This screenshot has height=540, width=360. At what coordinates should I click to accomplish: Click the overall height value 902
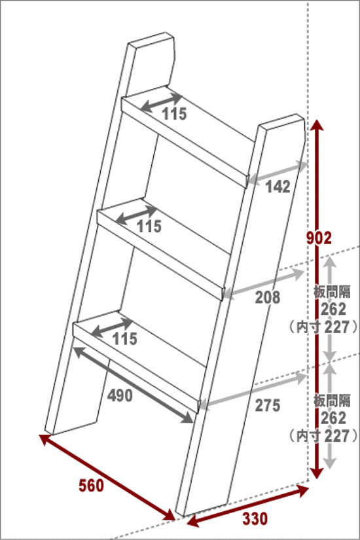pyautogui.click(x=319, y=238)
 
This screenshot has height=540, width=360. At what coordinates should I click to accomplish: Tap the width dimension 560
pyautogui.click(x=91, y=486)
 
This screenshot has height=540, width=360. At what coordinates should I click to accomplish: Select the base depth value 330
pyautogui.click(x=255, y=518)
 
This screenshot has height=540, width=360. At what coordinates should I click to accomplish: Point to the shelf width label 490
pyautogui.click(x=120, y=395)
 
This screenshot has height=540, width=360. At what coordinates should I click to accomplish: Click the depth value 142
pyautogui.click(x=278, y=187)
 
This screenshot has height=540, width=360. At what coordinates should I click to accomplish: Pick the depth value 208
pyautogui.click(x=268, y=297)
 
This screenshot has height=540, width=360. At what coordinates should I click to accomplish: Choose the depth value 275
pyautogui.click(x=268, y=405)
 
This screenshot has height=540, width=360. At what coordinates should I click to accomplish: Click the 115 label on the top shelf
pyautogui.click(x=174, y=114)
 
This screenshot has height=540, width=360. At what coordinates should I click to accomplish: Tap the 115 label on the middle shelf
pyautogui.click(x=149, y=226)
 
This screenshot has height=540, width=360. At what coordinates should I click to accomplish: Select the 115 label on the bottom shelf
pyautogui.click(x=125, y=339)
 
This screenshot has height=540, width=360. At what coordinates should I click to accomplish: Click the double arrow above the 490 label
pyautogui.click(x=134, y=385)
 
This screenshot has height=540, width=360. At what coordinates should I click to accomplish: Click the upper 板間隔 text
pyautogui.click(x=332, y=292)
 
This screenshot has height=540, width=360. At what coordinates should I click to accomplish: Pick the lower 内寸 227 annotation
pyautogui.click(x=324, y=436)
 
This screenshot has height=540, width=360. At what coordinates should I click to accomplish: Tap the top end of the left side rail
pyautogui.click(x=150, y=38)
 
